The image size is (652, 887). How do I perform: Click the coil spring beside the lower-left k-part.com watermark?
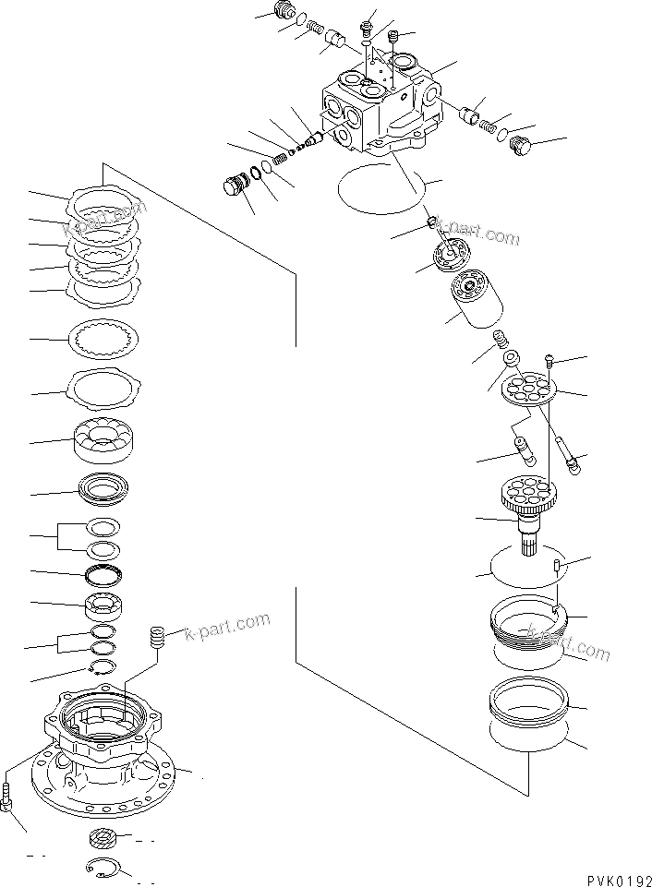point(157,638)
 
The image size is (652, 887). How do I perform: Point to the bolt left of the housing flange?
point(8,797)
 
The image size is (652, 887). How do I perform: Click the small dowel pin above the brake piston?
point(557,566)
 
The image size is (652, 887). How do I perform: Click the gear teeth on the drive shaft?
point(529,499)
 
